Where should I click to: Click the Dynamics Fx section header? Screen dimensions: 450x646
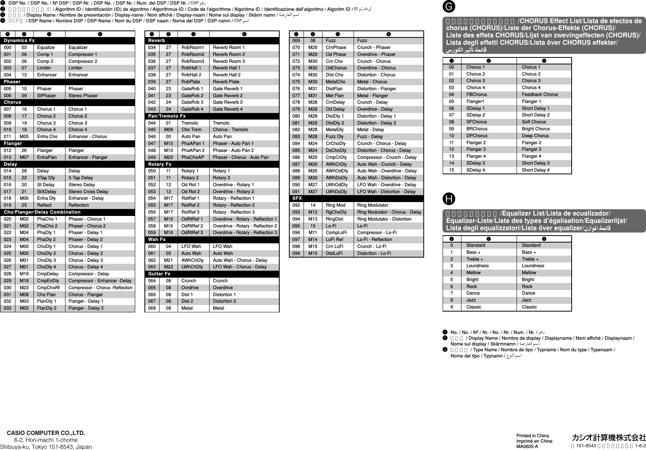[19, 40]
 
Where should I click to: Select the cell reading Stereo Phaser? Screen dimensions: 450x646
[83, 96]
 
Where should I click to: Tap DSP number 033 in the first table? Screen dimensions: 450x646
[8, 308]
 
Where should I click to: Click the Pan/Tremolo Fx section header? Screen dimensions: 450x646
[167, 116]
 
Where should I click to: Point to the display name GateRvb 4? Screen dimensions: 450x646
[192, 109]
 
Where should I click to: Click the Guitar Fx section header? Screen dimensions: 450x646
[159, 274]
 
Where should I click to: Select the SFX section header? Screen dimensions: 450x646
[297, 198]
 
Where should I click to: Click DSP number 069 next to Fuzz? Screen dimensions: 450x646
[296, 40]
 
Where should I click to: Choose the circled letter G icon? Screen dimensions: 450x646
[450, 7]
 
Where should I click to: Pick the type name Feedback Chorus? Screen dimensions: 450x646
[540, 94]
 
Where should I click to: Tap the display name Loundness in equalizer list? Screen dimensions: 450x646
[477, 266]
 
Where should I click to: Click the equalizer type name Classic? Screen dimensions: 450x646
[529, 307]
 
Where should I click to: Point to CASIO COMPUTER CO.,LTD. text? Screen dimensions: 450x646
[46, 433]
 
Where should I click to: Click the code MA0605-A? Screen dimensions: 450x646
[527, 447]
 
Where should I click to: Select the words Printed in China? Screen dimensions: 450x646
[532, 436]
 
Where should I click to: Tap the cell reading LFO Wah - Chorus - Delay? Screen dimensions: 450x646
[240, 267]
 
